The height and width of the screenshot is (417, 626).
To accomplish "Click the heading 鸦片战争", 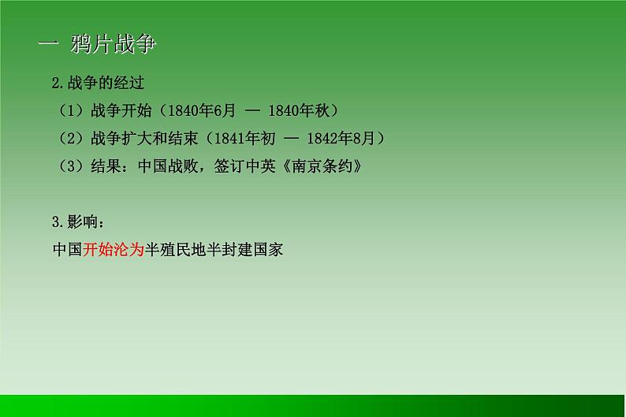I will [113, 45].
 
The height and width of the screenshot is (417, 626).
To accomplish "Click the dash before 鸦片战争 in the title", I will [49, 45].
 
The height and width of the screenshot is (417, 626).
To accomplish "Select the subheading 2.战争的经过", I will [98, 83].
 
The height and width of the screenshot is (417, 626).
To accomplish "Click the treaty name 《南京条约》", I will [324, 166].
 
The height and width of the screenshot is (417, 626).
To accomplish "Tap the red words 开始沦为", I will [114, 251].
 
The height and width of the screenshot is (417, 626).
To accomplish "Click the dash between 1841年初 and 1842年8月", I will [292, 139].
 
